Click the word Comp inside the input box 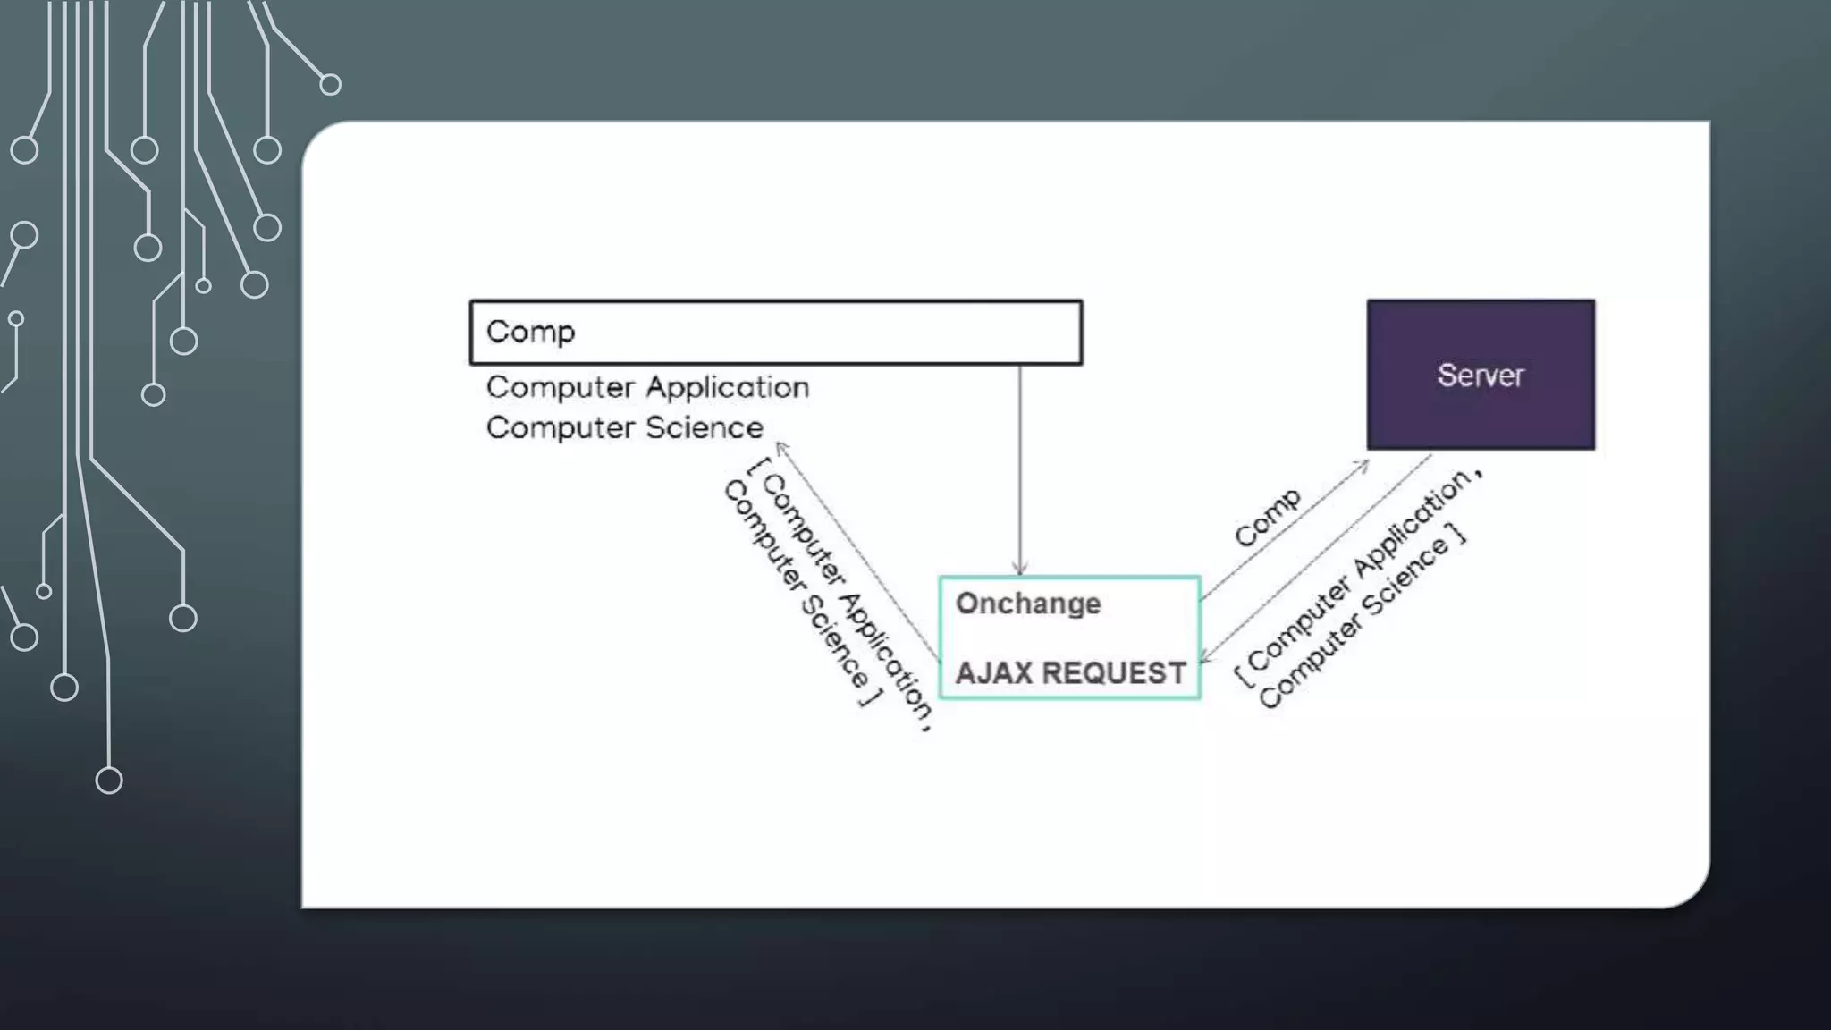coord(530,332)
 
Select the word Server coord(1481,376)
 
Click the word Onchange coord(1028,604)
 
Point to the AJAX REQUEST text coord(1070,672)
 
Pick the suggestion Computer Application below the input coord(647,387)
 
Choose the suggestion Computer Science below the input coord(624,427)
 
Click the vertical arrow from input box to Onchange coord(1020,465)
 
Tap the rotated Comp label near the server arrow coord(1268,517)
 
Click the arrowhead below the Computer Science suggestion coord(780,446)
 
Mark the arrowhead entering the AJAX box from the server coord(1204,659)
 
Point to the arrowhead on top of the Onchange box coord(1020,570)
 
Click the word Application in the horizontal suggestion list coord(728,387)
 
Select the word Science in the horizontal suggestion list coord(705,427)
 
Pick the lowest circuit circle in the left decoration coord(109,781)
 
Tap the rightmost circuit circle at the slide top coord(330,85)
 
